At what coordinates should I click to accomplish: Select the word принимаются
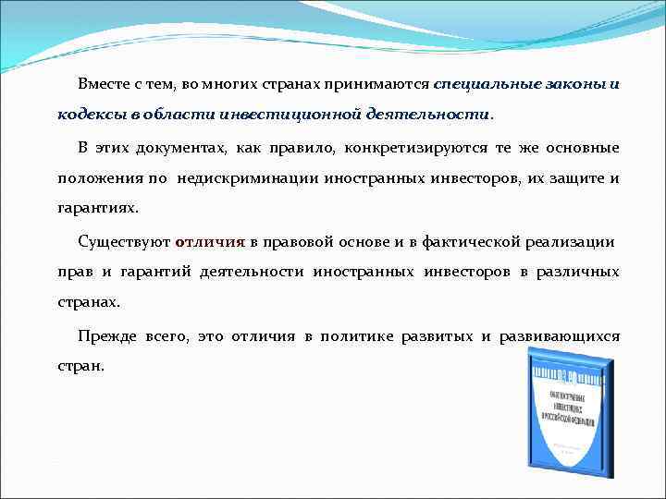pyautogui.click(x=388, y=83)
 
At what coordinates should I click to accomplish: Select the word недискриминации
pyautogui.click(x=249, y=177)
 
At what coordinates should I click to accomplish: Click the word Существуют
pyautogui.click(x=125, y=241)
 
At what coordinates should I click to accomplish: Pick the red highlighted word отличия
pyautogui.click(x=210, y=241)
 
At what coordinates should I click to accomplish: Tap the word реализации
pyautogui.click(x=571, y=241)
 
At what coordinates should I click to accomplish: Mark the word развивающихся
pyautogui.click(x=560, y=335)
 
